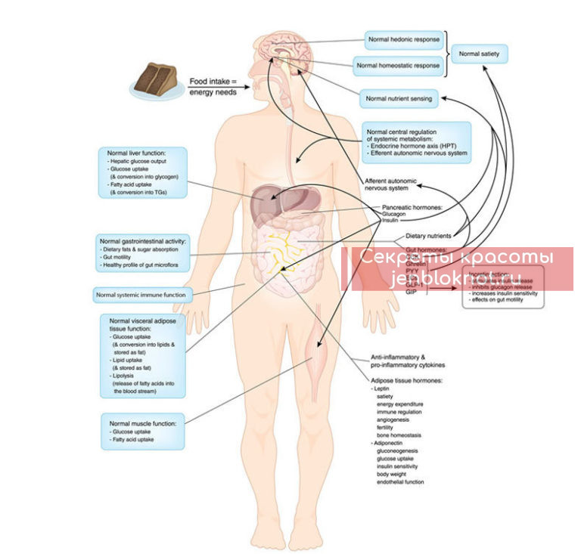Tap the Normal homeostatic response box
click(x=399, y=64)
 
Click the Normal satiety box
click(x=480, y=54)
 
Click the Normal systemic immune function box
click(x=141, y=293)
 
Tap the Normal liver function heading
click(x=137, y=153)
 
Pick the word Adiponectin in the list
click(x=389, y=442)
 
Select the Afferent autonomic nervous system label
click(x=391, y=184)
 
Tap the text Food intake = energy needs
click(x=213, y=86)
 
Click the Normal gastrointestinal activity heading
click(x=143, y=240)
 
